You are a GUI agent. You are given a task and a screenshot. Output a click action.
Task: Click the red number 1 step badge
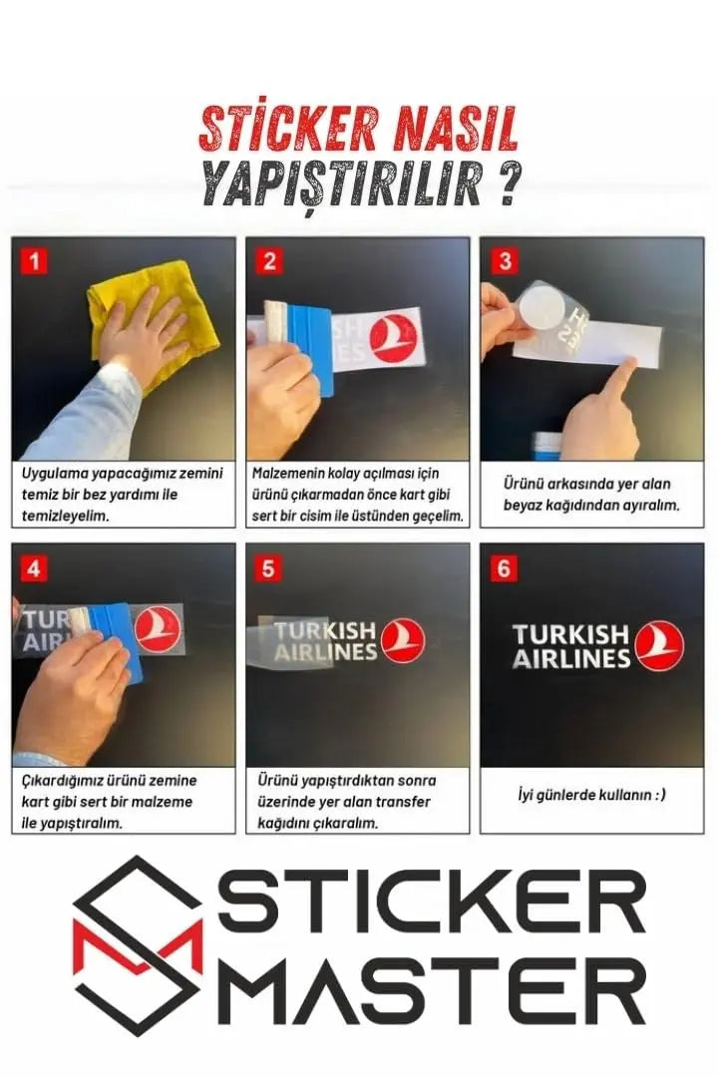tap(34, 261)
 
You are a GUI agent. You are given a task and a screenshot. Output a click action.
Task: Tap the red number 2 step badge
tap(269, 261)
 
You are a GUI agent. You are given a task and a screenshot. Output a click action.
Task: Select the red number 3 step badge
tap(505, 261)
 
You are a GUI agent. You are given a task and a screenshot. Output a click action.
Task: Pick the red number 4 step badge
tap(34, 568)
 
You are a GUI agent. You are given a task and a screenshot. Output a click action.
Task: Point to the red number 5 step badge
tap(268, 568)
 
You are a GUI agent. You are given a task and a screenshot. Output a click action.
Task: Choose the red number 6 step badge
tap(504, 568)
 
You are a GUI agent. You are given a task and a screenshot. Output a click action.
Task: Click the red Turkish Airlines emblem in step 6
tap(659, 645)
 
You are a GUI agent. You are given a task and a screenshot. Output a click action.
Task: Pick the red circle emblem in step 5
tap(403, 641)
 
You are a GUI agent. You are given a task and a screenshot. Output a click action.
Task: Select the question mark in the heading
tap(507, 184)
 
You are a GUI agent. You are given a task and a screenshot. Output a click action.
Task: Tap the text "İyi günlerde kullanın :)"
tap(591, 795)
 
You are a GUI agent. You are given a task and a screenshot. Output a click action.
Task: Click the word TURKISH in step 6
tap(570, 634)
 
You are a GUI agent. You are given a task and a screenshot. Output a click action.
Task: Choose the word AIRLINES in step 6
tap(571, 659)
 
